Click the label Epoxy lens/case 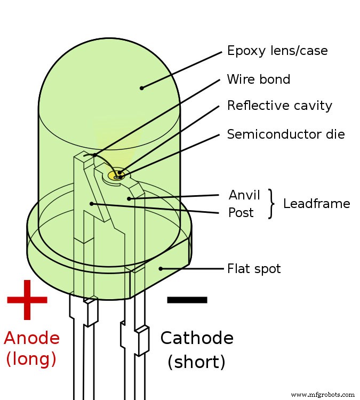pyautogui.click(x=277, y=51)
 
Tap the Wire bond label pyautogui.click(x=259, y=79)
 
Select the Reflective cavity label pyautogui.click(x=279, y=106)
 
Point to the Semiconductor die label pyautogui.click(x=286, y=134)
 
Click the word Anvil pyautogui.click(x=244, y=195)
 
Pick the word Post pyautogui.click(x=241, y=213)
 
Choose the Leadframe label pyautogui.click(x=316, y=204)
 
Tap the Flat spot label pyautogui.click(x=254, y=268)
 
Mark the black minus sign pyautogui.click(x=187, y=300)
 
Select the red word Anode pyautogui.click(x=31, y=338)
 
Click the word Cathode pyautogui.click(x=197, y=338)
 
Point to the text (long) pyautogui.click(x=31, y=359)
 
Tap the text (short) pyautogui.click(x=196, y=362)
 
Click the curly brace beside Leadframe pyautogui.click(x=272, y=204)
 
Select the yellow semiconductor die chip pyautogui.click(x=116, y=174)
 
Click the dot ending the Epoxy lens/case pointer pyautogui.click(x=141, y=88)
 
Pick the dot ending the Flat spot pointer pyautogui.click(x=161, y=268)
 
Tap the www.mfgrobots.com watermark pyautogui.click(x=324, y=395)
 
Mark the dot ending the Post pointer pyautogui.click(x=92, y=203)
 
